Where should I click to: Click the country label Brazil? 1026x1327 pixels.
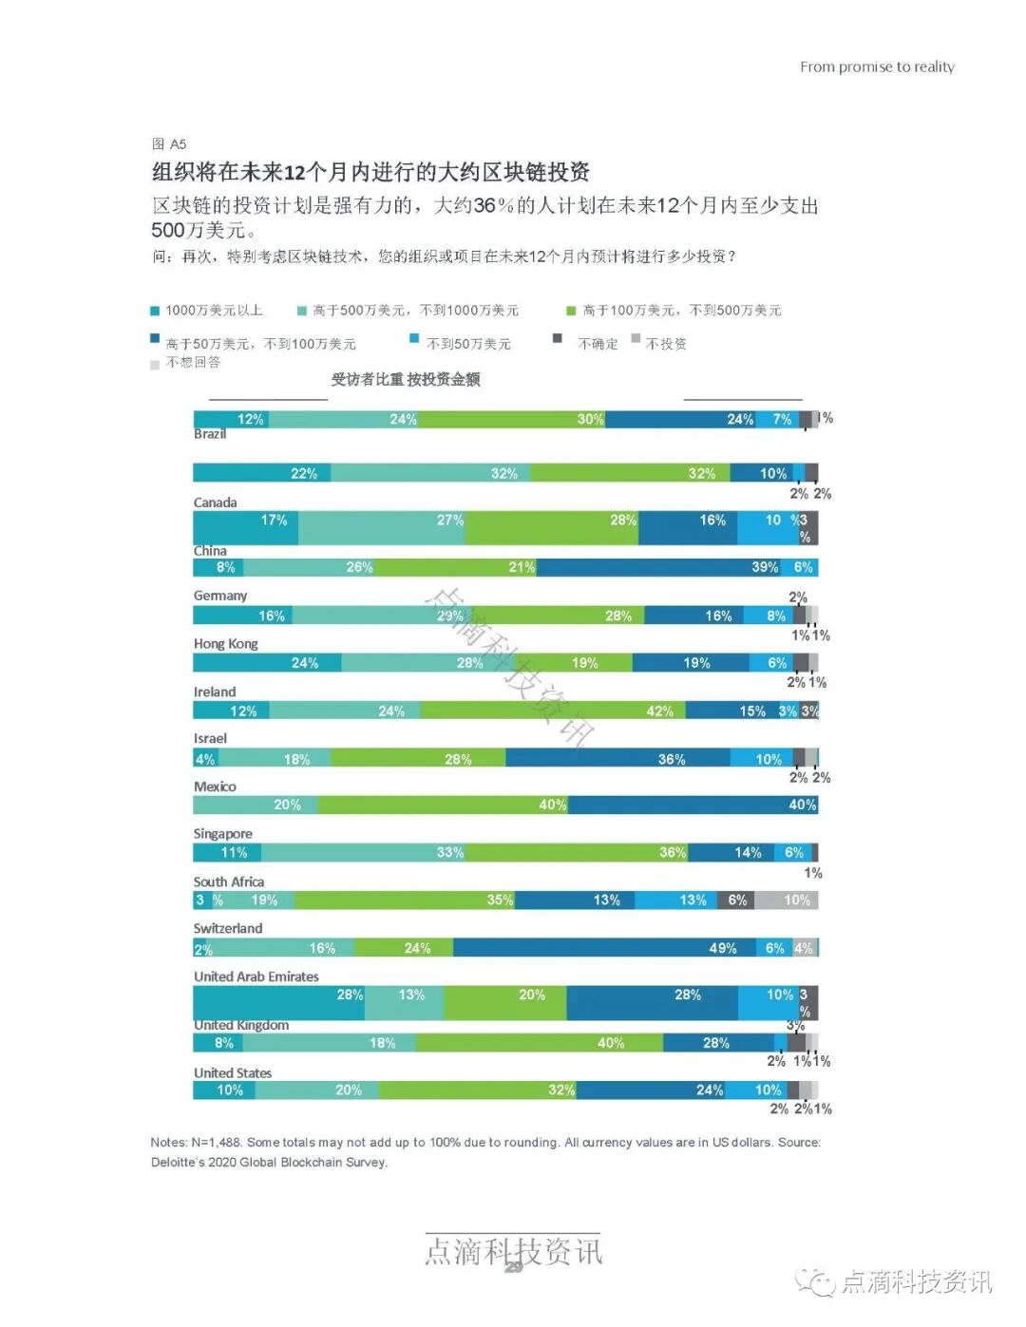point(210,434)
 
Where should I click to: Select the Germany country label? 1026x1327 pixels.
point(220,596)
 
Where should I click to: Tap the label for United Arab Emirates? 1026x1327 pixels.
point(256,976)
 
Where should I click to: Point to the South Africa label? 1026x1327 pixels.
point(229,882)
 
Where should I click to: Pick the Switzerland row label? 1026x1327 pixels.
point(228,928)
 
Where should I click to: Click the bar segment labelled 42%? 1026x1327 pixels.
point(553,711)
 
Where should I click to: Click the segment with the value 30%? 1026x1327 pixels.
point(512,419)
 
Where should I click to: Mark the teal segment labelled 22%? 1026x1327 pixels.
point(262,473)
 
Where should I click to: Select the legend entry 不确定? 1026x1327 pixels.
point(597,344)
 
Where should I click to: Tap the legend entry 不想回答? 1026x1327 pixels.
point(193,363)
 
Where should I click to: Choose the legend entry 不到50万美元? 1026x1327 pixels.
point(467,344)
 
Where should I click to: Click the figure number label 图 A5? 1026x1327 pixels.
point(169,144)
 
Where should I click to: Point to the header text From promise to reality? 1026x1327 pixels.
point(877,66)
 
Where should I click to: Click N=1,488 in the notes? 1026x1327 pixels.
point(217,1142)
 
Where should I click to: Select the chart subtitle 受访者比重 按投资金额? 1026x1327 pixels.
point(406,380)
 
